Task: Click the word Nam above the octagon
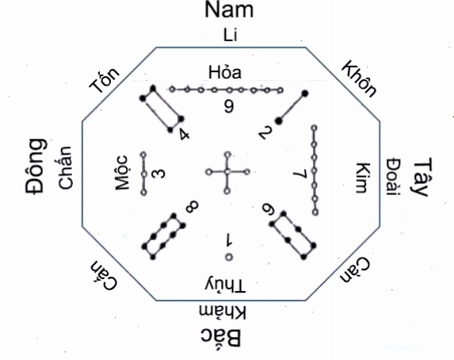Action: click(x=229, y=10)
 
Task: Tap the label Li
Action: click(x=231, y=35)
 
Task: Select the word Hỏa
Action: click(x=225, y=71)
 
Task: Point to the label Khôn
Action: click(x=360, y=79)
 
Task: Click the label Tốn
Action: click(x=105, y=80)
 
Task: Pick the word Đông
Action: click(x=36, y=166)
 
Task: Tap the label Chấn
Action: click(x=65, y=168)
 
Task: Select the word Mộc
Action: click(x=121, y=173)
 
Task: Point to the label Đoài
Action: click(x=394, y=177)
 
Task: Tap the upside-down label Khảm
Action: click(x=223, y=312)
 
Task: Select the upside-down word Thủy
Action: click(x=225, y=285)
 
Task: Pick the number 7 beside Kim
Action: click(x=300, y=174)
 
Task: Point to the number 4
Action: click(x=184, y=135)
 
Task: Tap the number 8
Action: click(x=192, y=207)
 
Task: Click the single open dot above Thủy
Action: click(x=229, y=257)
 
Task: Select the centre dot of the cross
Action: click(x=227, y=172)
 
